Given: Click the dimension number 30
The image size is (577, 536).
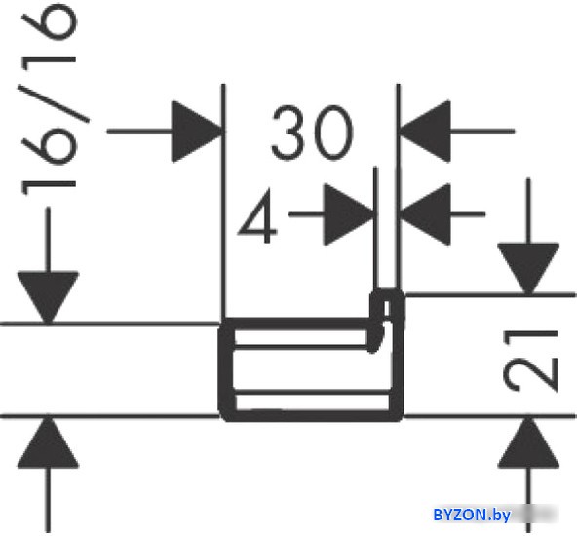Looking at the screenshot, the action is point(312,133).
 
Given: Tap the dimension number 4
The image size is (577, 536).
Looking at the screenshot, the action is point(257,216).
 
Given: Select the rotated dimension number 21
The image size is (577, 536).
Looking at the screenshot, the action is point(530,361).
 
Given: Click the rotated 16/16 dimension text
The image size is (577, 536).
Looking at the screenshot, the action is point(50,99).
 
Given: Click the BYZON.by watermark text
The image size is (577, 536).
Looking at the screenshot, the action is point(472,515).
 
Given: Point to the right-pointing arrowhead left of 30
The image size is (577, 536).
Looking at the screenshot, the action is point(198,132).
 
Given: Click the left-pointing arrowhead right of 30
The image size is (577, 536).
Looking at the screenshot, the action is point(424,131).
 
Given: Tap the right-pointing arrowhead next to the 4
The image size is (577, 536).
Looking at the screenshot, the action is point(349,214).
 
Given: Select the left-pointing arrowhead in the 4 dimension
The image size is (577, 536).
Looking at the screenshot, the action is point(425,214).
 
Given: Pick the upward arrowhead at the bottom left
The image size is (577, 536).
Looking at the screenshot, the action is point(48,441).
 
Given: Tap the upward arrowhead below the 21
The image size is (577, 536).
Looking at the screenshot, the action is point(528,441).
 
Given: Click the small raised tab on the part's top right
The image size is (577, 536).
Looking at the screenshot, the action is point(387,305).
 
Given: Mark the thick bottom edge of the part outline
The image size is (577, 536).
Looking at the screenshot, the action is point(311,416).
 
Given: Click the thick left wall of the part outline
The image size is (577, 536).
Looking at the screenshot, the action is point(225,369).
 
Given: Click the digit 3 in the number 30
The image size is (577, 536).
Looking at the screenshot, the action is point(288,133).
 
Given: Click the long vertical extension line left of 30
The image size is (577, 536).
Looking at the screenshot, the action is point(223,203).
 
